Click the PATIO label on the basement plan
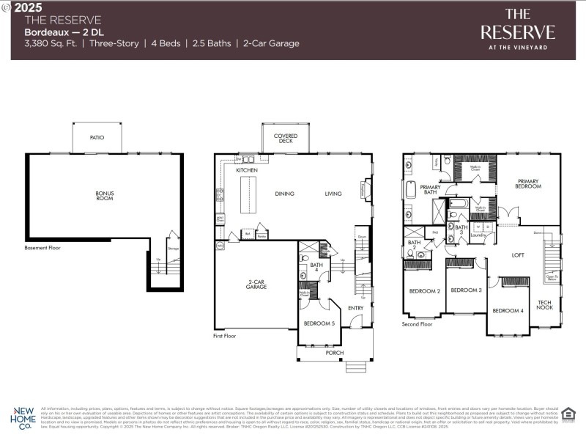97,137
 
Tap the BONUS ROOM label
105,197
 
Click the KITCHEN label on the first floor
246,170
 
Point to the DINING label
284,194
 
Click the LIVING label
333,194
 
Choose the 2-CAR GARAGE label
256,285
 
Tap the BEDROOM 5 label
319,323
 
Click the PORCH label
334,353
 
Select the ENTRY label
356,308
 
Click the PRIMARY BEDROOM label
528,184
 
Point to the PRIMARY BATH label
430,191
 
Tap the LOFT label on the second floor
518,255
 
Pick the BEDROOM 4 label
508,311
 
